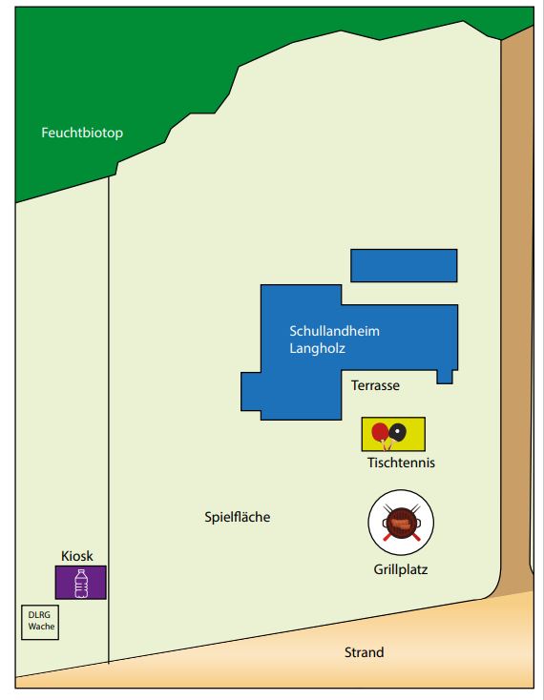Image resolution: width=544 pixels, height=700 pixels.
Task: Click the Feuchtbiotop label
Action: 82,133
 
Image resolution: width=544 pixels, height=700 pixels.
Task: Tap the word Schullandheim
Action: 335,331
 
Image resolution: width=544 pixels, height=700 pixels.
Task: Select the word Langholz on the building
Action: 318,348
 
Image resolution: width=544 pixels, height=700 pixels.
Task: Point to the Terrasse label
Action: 375,385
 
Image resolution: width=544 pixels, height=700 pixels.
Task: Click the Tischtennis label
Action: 401,463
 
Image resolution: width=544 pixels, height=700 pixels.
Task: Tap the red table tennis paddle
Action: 381,433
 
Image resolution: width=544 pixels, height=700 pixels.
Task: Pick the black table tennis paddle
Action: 397,432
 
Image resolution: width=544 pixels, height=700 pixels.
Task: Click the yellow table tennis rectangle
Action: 393,434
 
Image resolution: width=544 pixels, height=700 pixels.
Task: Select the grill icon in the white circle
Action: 401,523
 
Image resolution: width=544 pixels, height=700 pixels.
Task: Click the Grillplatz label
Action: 401,569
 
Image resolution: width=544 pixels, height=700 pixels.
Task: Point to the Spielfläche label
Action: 237,517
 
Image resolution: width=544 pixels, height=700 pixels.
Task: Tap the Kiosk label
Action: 76,556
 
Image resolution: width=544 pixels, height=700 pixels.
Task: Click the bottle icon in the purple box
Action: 81,583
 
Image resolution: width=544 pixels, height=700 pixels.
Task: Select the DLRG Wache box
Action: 40,623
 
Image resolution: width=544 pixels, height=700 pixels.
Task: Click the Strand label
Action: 364,652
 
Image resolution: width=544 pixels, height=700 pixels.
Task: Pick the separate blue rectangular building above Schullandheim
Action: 404,266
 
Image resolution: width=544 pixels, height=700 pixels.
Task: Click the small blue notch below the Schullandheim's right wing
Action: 445,377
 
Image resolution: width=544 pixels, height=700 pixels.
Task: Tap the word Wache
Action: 41,627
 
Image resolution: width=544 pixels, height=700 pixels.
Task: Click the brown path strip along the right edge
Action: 517,313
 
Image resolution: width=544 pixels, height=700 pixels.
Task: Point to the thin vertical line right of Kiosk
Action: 109,420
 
